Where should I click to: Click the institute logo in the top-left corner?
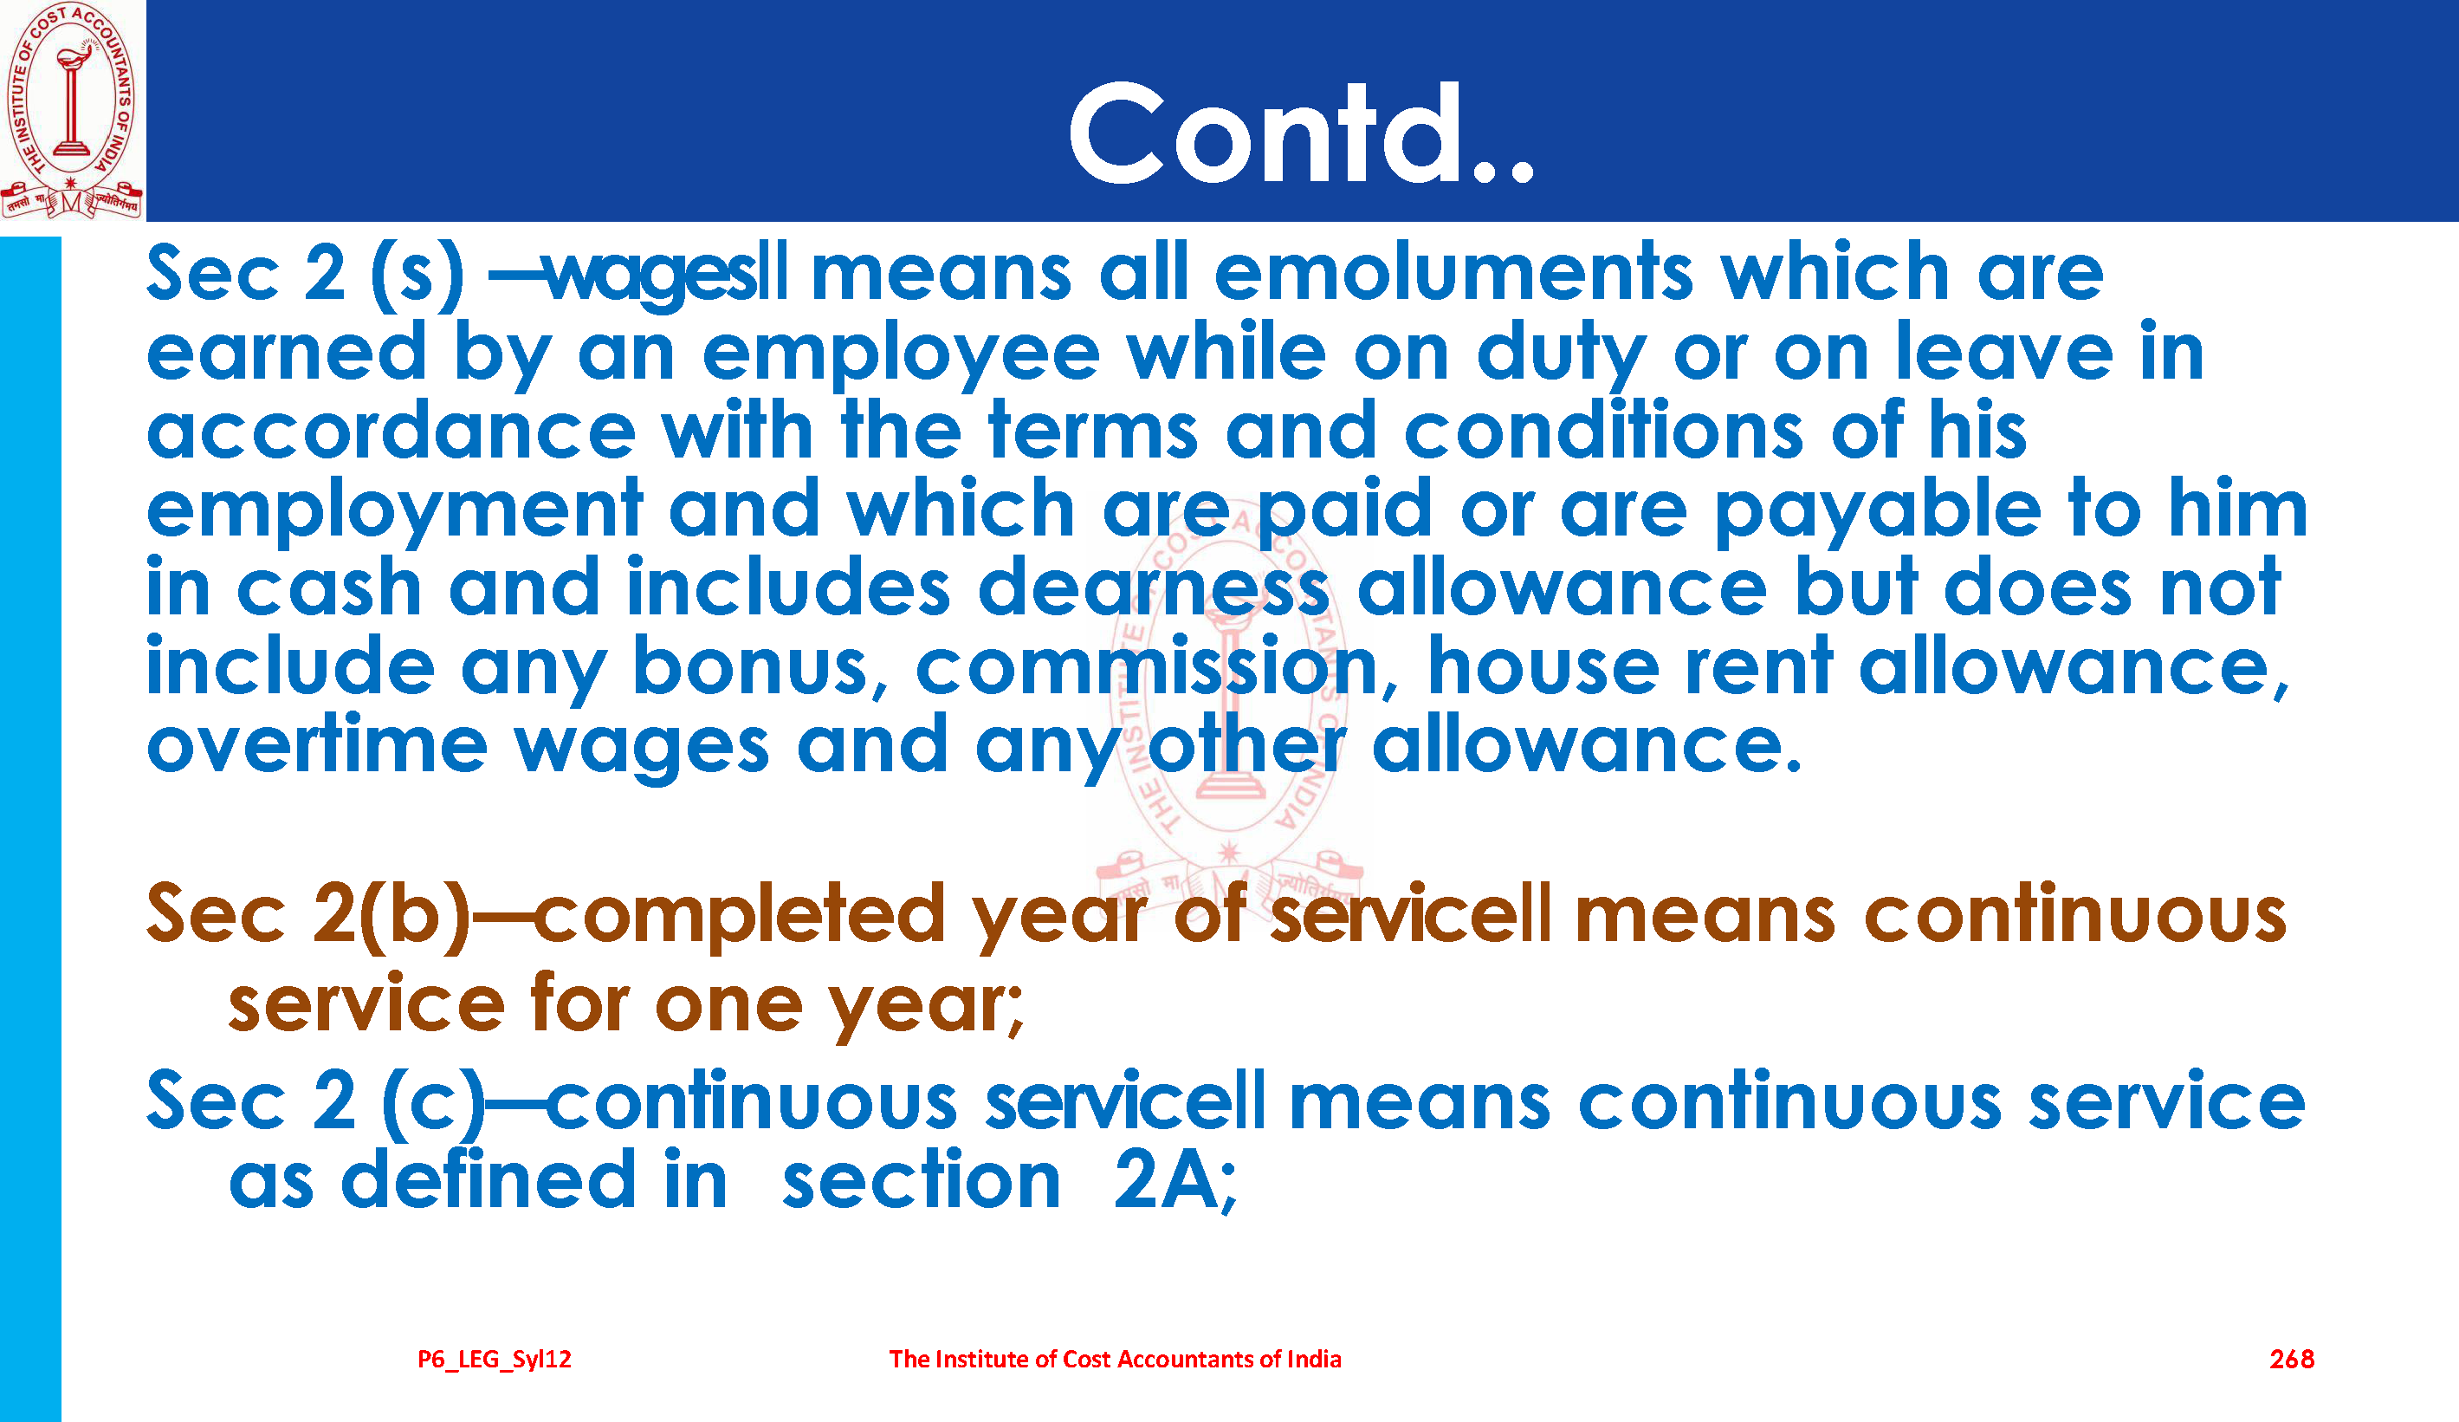[71, 110]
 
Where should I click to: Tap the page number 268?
[2291, 1359]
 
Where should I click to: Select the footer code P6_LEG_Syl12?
[494, 1360]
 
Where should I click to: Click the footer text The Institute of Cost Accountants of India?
[1115, 1359]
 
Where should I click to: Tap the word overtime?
[317, 744]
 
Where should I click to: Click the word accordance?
[391, 430]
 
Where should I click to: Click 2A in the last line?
[1174, 1180]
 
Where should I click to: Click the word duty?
[1562, 354]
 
